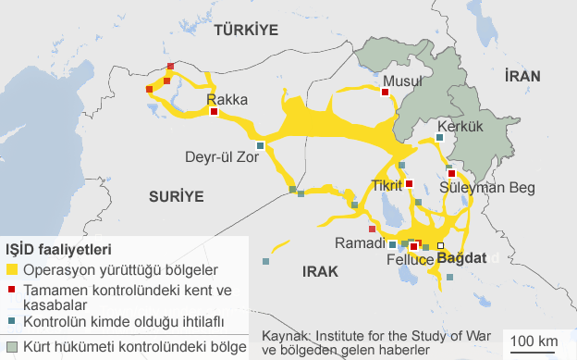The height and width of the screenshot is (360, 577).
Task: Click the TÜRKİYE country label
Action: [245, 31]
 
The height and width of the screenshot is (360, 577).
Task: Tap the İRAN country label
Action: [522, 80]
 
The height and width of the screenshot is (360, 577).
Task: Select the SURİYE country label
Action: [175, 195]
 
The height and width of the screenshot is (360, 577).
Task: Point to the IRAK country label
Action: [319, 271]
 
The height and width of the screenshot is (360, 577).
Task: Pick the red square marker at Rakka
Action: [215, 112]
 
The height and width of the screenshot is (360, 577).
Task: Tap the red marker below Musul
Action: [385, 91]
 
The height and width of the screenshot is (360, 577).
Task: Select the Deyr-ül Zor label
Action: [221, 156]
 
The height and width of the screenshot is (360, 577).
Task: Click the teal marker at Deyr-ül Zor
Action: [261, 145]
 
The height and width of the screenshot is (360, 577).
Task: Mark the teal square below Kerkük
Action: [439, 138]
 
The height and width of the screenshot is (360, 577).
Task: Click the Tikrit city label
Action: [388, 184]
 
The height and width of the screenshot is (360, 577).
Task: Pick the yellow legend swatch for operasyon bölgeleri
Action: [12, 270]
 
